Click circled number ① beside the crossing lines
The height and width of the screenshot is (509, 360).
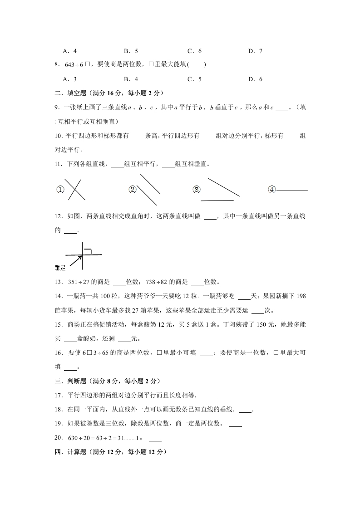tap(60, 190)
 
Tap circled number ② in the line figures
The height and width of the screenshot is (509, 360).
tap(133, 190)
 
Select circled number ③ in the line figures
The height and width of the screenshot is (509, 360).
tap(196, 190)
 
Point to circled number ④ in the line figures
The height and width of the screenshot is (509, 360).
tap(271, 190)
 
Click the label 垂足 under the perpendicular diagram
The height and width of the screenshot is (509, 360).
tap(60, 268)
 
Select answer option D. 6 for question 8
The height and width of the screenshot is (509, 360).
tap(255, 79)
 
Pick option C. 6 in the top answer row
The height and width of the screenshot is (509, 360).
tap(194, 51)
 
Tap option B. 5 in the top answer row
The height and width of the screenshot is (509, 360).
tap(131, 51)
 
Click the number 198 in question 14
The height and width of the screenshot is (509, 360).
tap(300, 296)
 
